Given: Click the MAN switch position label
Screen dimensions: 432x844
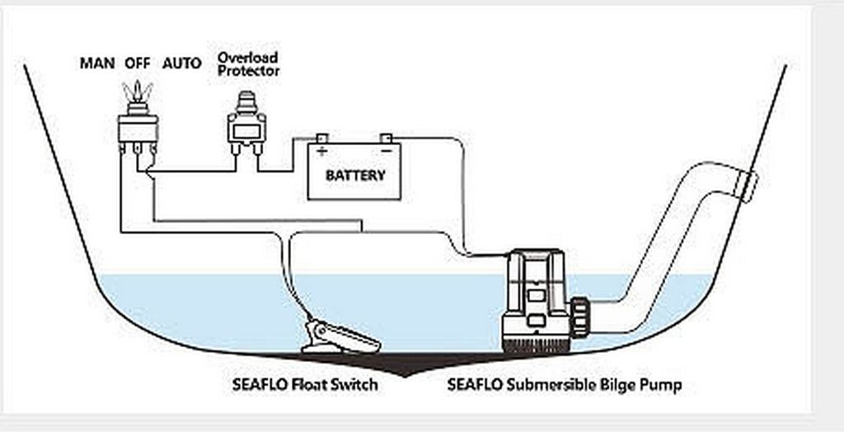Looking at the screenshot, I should [x=96, y=63].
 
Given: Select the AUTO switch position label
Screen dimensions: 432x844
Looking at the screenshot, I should [x=181, y=63].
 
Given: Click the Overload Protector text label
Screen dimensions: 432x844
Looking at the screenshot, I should [x=247, y=63].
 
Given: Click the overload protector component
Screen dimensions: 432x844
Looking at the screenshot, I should [x=246, y=128].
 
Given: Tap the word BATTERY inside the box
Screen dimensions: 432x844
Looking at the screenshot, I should [x=355, y=176].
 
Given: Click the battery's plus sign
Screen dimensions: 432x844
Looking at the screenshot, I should [x=322, y=151].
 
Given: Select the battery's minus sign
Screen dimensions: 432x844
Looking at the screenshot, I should [x=385, y=152].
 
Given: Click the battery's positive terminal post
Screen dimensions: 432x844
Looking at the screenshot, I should [x=322, y=138].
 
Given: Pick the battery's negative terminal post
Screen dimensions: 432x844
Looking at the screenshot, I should [x=385, y=138].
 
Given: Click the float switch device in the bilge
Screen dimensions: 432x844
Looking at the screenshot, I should [x=340, y=337].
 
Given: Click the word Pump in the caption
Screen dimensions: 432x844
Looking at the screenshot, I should [x=663, y=385].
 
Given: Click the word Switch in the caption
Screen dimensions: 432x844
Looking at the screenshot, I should [x=356, y=385].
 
